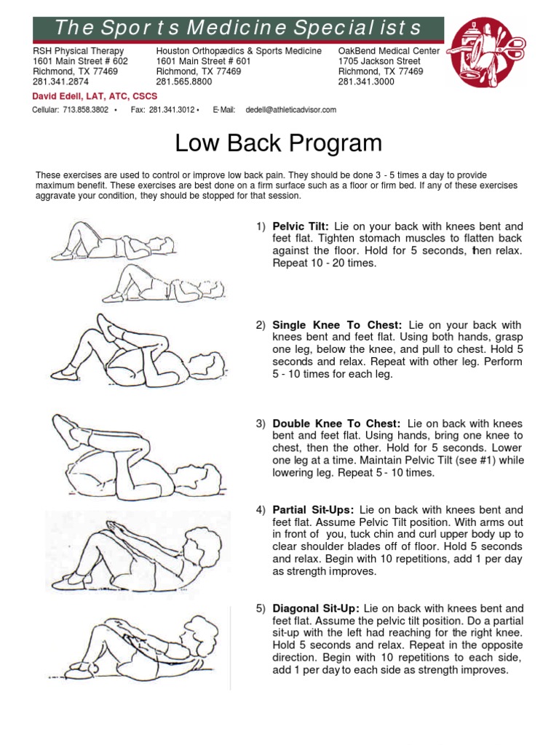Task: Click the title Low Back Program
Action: (x=279, y=143)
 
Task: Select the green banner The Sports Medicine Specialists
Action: (x=238, y=28)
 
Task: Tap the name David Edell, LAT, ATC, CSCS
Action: (x=95, y=96)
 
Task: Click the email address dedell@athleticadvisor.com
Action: (x=291, y=110)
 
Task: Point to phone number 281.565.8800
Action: (x=184, y=82)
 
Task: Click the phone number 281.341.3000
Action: (x=366, y=82)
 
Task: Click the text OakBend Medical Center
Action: (x=389, y=51)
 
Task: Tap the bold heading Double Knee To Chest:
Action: (x=336, y=423)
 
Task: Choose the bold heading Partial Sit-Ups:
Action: (x=313, y=510)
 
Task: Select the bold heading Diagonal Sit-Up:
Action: (x=316, y=608)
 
